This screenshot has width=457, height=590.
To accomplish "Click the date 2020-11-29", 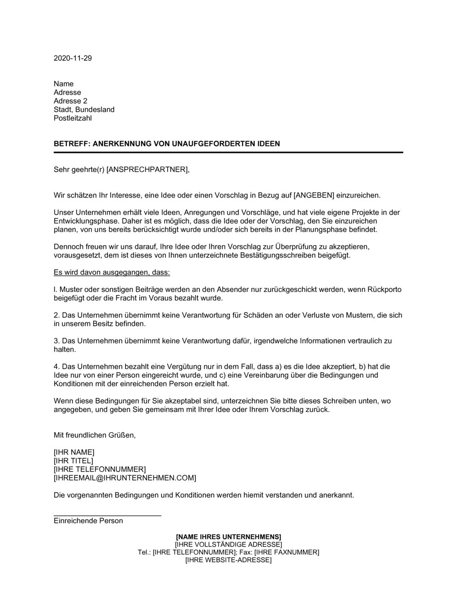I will (x=73, y=58).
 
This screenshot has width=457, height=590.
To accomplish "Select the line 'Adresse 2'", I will (x=70, y=101).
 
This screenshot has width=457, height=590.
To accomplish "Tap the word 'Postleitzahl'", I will (x=73, y=118).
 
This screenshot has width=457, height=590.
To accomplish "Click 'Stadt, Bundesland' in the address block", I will (x=84, y=110).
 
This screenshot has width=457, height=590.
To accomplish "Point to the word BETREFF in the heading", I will (x=71, y=144).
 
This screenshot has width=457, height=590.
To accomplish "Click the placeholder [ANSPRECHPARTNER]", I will (x=147, y=170).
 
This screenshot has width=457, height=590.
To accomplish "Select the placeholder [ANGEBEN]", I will (x=314, y=195).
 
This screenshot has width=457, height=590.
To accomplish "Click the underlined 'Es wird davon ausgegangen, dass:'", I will (x=112, y=273).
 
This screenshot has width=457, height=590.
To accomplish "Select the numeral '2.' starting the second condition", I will (x=57, y=316).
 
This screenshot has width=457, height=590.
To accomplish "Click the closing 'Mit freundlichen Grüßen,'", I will (x=95, y=435).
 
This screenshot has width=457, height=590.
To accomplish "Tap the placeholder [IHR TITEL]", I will (x=73, y=461).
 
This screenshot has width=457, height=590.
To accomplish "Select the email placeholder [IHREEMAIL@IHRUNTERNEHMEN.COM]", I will (x=125, y=478).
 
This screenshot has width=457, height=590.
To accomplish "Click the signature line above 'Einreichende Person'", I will (x=107, y=515).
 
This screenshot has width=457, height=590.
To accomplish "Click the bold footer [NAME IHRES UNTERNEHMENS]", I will (x=228, y=536).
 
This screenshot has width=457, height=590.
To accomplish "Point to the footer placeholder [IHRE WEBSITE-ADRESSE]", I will (x=228, y=560).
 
